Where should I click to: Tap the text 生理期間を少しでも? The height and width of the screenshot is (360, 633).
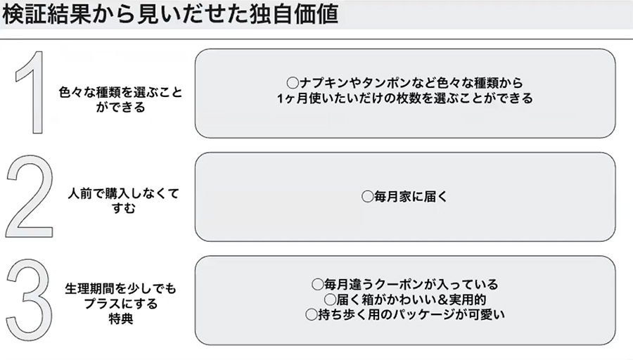[x=121, y=289]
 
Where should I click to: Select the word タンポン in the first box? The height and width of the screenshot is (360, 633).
[x=385, y=83]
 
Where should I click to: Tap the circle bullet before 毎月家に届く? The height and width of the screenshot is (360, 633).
[x=367, y=198]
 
